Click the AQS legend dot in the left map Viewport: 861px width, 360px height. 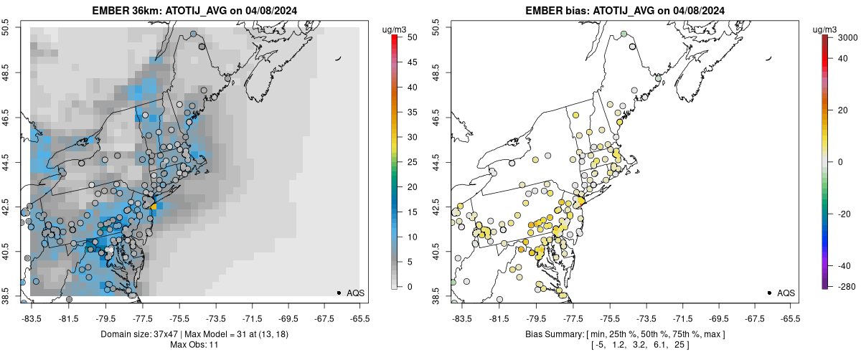click(x=339, y=293)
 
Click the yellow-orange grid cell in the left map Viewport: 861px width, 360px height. click(x=153, y=206)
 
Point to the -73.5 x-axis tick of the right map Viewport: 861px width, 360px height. click(x=646, y=318)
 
